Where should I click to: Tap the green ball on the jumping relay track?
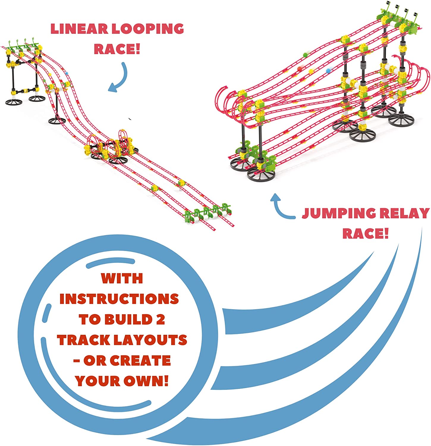pyautogui.click(x=305, y=55)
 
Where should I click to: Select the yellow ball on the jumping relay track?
pyautogui.click(x=311, y=71)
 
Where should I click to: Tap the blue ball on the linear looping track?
pyautogui.click(x=67, y=73)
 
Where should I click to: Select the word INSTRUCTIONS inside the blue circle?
pyautogui.click(x=119, y=299)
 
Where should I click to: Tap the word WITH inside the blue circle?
pyautogui.click(x=122, y=279)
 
